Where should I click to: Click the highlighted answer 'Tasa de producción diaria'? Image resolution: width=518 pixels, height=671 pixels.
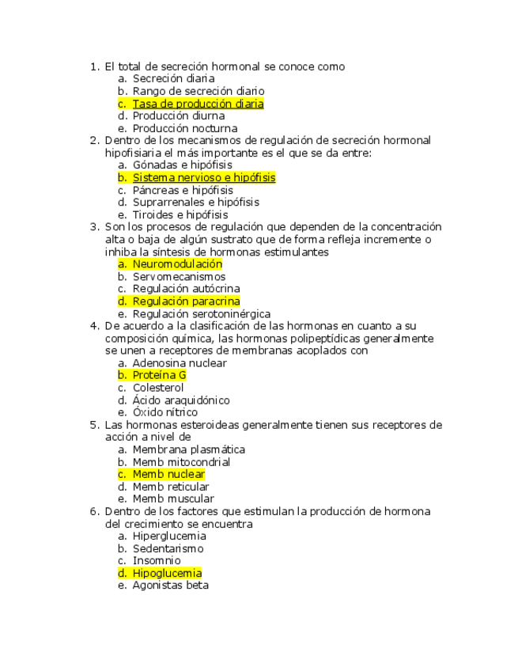pyautogui.click(x=198, y=104)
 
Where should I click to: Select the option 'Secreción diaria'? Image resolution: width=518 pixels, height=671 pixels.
pyautogui.click(x=173, y=79)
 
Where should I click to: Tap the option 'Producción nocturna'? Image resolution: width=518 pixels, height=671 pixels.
pyautogui.click(x=184, y=128)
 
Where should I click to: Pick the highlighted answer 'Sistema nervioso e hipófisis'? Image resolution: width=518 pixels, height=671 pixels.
pyautogui.click(x=203, y=178)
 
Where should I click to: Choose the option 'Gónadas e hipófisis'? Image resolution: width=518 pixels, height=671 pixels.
pyautogui.click(x=182, y=165)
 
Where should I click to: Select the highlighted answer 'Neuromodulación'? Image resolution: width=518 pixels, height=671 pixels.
pyautogui.click(x=177, y=264)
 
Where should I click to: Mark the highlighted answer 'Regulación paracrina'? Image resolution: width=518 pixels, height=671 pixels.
pyautogui.click(x=186, y=301)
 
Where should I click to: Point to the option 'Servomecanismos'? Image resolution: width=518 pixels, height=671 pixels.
pyautogui.click(x=179, y=277)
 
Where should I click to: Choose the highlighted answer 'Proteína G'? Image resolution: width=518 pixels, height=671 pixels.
pyautogui.click(x=159, y=375)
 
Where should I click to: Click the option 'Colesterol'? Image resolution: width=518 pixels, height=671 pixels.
pyautogui.click(x=158, y=388)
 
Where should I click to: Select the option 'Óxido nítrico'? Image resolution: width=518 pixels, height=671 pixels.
pyautogui.click(x=164, y=412)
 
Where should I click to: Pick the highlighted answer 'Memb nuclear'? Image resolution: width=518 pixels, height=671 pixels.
pyautogui.click(x=168, y=474)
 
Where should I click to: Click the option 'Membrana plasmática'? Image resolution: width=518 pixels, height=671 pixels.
pyautogui.click(x=189, y=449)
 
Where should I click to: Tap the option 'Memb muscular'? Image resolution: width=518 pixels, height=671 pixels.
pyautogui.click(x=172, y=499)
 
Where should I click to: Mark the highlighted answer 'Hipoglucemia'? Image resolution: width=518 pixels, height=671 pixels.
pyautogui.click(x=167, y=573)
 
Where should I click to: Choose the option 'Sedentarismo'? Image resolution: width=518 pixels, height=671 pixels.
pyautogui.click(x=168, y=548)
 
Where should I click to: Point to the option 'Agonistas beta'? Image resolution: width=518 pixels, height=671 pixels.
pyautogui.click(x=170, y=586)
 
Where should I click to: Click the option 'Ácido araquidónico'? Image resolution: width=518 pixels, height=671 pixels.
pyautogui.click(x=181, y=400)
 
